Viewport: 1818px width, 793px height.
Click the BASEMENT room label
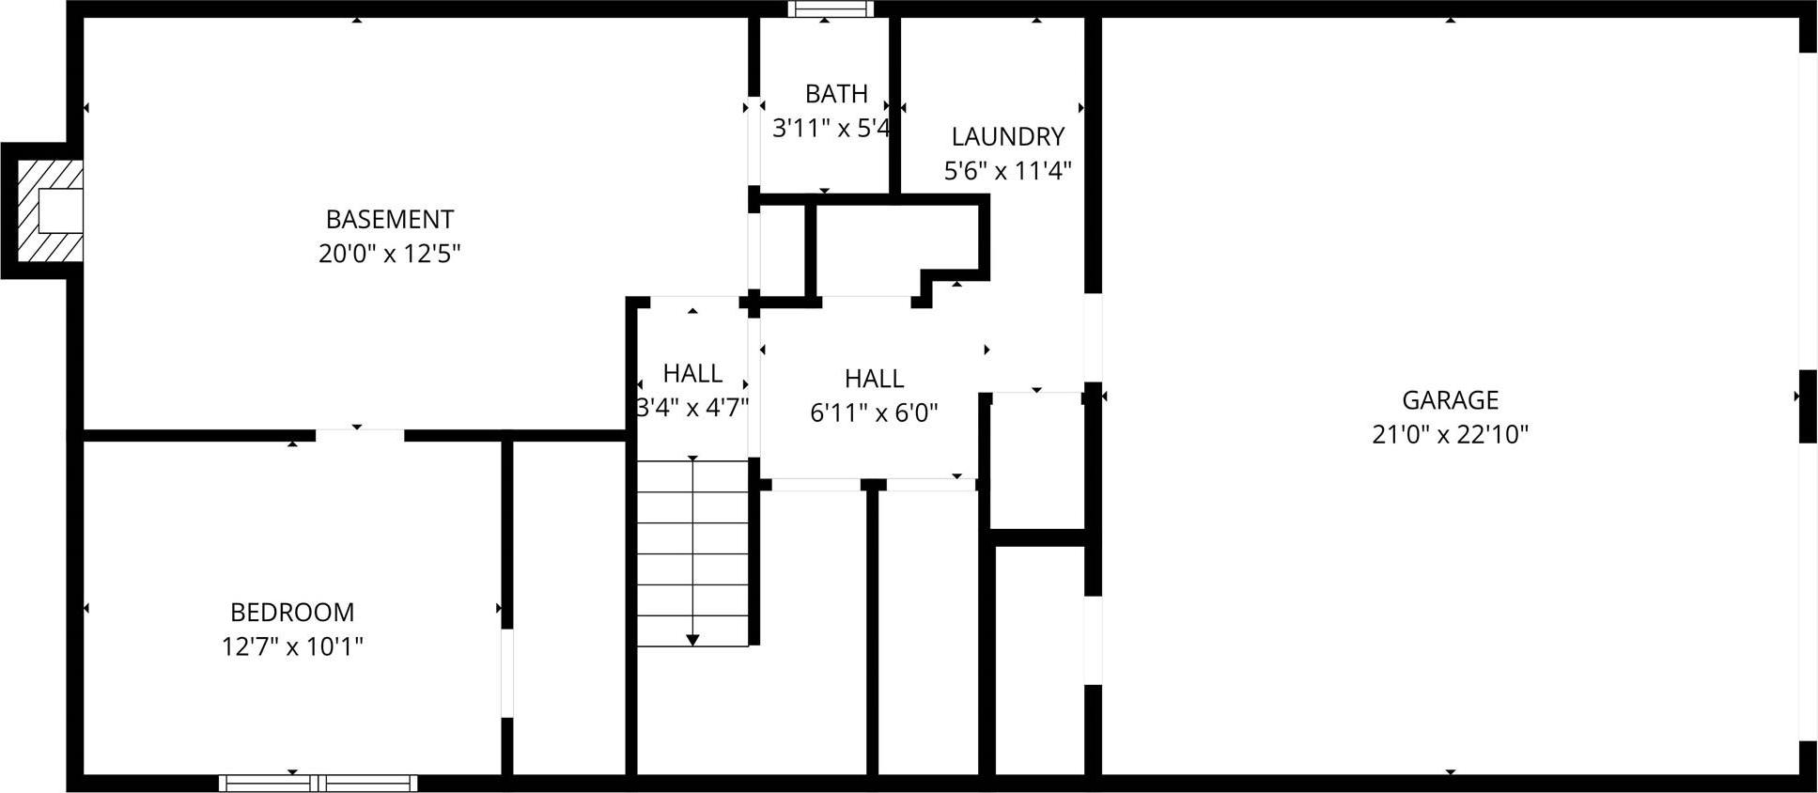tap(390, 219)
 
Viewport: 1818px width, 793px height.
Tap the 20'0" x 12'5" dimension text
tap(390, 254)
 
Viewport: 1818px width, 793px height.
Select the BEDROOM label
tap(292, 612)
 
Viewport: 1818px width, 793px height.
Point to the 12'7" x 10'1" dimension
tap(292, 646)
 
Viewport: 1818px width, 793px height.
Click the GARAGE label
tap(1450, 400)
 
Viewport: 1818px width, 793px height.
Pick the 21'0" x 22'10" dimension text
tap(1450, 435)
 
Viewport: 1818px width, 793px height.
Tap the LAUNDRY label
tap(1007, 136)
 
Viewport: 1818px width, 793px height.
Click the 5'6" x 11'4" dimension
tap(1007, 171)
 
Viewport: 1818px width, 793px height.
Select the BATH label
tap(836, 94)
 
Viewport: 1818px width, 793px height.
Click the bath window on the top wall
tap(830, 9)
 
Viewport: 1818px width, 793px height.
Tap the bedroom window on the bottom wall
tap(319, 783)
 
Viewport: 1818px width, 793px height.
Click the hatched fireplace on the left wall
tap(49, 210)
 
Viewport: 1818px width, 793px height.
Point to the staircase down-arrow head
tap(692, 640)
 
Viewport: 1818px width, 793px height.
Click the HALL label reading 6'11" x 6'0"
tap(874, 379)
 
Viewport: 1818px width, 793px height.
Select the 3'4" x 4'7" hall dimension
tap(692, 408)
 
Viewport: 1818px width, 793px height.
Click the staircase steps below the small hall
tap(692, 554)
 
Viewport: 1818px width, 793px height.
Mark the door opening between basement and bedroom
tap(360, 435)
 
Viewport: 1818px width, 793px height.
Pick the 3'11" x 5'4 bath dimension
tap(831, 128)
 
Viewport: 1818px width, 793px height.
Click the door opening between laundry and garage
tap(1093, 338)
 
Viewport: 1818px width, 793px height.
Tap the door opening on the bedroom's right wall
tap(507, 673)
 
